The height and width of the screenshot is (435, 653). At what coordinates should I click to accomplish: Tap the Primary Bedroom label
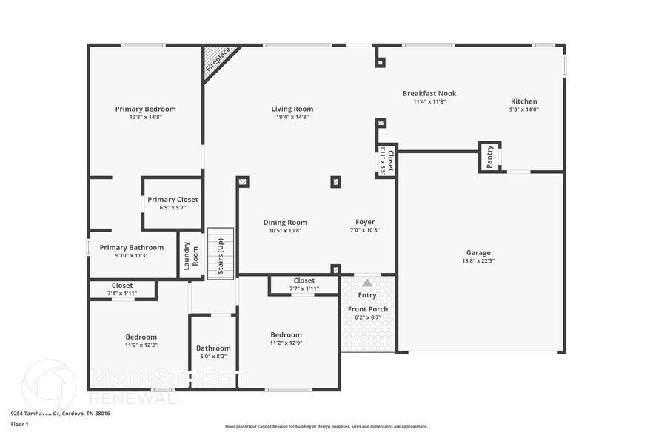point(145,109)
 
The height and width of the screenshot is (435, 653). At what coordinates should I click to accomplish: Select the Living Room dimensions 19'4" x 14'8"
point(292,117)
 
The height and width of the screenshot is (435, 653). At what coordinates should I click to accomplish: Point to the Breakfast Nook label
point(429,93)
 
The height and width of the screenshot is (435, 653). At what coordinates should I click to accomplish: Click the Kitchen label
point(523,101)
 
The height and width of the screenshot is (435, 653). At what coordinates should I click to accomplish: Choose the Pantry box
point(489,157)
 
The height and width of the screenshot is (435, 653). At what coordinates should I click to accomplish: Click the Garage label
point(478,252)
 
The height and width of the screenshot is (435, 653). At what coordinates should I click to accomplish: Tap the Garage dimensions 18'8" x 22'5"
point(478,260)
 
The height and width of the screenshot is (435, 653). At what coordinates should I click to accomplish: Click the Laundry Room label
point(191,255)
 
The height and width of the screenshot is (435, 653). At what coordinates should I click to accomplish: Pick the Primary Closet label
point(173,200)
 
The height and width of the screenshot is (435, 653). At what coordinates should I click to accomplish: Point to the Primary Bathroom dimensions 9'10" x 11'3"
point(131,256)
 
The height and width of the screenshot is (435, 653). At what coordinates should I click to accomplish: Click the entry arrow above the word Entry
point(367,283)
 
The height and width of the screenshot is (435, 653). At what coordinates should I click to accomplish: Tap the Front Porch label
point(367,308)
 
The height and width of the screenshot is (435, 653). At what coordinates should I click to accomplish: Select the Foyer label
point(365,222)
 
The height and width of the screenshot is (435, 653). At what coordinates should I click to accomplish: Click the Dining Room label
point(285,222)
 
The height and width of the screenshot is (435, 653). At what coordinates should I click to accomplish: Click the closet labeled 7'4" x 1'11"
point(122,289)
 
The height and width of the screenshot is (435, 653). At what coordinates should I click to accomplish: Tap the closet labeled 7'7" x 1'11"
point(304,284)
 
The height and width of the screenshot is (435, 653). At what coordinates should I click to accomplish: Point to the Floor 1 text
point(19,424)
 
